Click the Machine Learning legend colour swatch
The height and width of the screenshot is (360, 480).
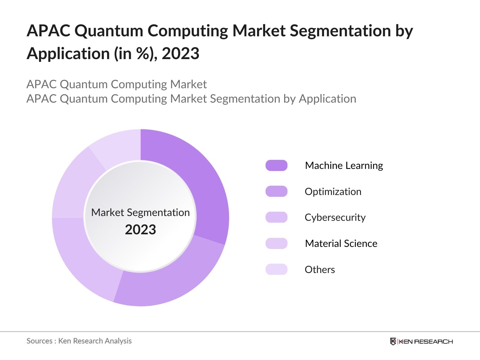point(276,166)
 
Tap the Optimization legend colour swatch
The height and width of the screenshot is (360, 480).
point(276,191)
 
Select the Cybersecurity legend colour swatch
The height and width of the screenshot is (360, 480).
point(276,217)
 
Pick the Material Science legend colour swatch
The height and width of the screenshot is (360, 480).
point(276,243)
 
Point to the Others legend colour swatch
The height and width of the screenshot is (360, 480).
point(276,269)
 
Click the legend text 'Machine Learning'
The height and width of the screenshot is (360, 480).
point(344,166)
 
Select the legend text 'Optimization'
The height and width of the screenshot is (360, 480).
point(333,191)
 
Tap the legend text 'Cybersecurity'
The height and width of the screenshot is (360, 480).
point(335,217)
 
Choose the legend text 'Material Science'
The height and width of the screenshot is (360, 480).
point(341,243)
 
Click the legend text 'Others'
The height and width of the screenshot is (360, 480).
point(320,269)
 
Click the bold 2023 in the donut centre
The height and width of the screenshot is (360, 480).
point(140,230)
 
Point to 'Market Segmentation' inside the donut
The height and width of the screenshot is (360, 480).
point(140,212)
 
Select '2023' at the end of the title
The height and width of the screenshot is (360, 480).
point(181,54)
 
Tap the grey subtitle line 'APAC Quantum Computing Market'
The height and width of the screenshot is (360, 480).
point(116,84)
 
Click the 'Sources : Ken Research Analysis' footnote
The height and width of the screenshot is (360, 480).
point(79,341)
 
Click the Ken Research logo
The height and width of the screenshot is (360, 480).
point(421,341)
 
